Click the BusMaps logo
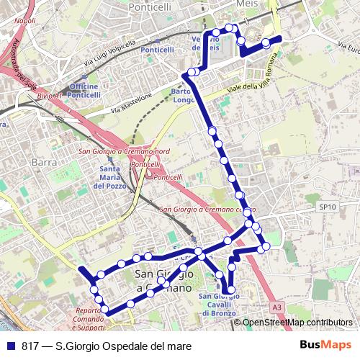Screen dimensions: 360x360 (327, 345)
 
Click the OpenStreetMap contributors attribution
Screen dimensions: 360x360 (297, 323)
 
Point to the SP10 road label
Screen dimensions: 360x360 (328, 207)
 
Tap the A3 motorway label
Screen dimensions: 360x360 (277, 307)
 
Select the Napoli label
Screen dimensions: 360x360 (24, 21)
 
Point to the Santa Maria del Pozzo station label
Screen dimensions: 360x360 (110, 177)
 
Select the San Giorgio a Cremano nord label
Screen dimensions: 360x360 (124, 151)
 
